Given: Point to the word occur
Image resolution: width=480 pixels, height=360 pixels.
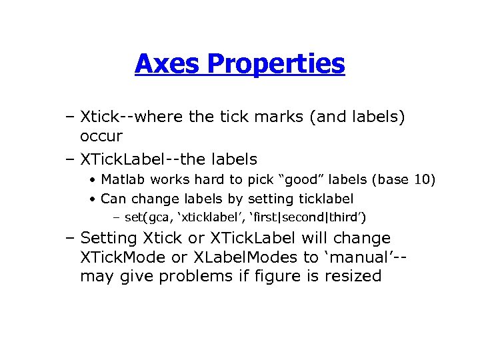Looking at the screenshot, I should [101, 136].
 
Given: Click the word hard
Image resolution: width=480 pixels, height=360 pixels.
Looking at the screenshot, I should [203, 179].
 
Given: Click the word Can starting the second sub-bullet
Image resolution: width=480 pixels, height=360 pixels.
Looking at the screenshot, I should [113, 199].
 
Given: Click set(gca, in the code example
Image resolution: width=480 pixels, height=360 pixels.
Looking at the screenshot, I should [148, 217].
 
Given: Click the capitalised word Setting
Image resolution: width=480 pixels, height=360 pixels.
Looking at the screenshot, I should [108, 238].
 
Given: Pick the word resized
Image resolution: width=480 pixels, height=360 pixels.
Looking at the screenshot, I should [354, 276].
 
